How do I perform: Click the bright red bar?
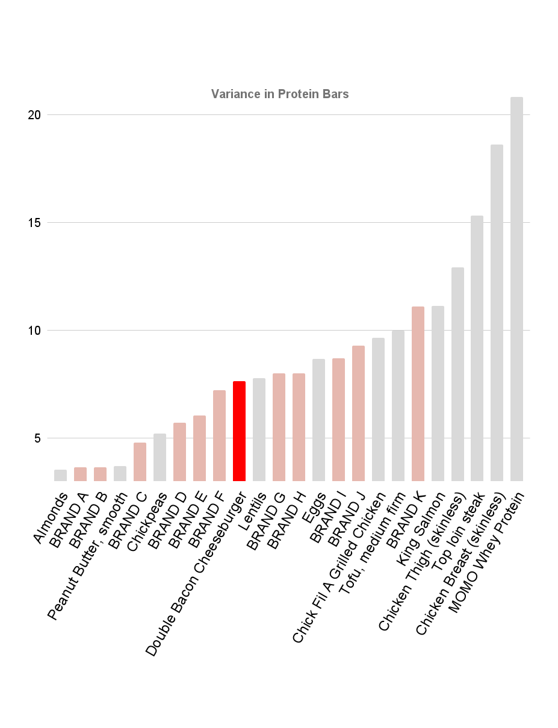(239, 431)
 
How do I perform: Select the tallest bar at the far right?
(516, 289)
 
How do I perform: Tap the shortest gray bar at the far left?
(60, 475)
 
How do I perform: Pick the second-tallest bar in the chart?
(497, 313)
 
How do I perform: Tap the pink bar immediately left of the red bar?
(219, 435)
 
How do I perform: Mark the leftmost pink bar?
(80, 474)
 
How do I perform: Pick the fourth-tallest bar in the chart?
(457, 374)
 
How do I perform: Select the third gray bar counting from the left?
(160, 457)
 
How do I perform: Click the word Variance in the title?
(235, 94)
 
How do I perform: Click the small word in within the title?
(269, 94)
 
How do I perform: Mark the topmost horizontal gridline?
(181, 114)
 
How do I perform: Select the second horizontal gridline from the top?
(181, 222)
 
